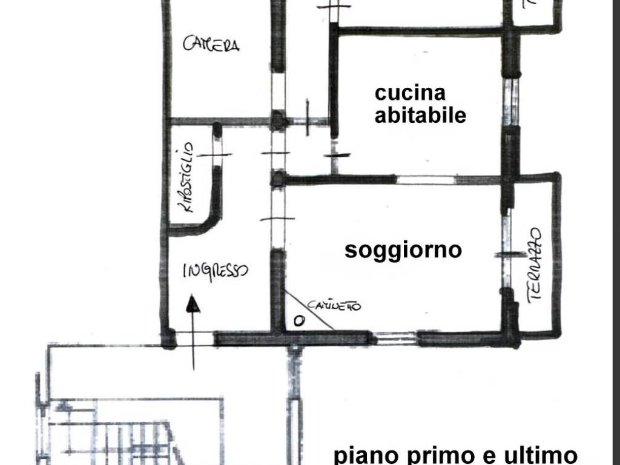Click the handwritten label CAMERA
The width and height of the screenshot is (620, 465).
[x=211, y=44]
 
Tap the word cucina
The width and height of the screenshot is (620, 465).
[x=410, y=93]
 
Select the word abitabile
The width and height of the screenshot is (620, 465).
[x=420, y=114]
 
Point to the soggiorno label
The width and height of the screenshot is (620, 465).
[x=403, y=249]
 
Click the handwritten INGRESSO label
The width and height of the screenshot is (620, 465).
[x=215, y=271]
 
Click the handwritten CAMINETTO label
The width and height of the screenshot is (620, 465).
[x=334, y=306]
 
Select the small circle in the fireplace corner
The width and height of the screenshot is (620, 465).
[x=298, y=321]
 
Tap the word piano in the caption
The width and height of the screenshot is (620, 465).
[x=363, y=455]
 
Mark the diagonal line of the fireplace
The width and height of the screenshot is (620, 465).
[x=309, y=310]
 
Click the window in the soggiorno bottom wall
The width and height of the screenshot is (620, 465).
[x=394, y=337]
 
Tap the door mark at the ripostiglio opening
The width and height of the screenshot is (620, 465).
[x=214, y=156]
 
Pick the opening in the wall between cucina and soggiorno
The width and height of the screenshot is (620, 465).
[x=426, y=180]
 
